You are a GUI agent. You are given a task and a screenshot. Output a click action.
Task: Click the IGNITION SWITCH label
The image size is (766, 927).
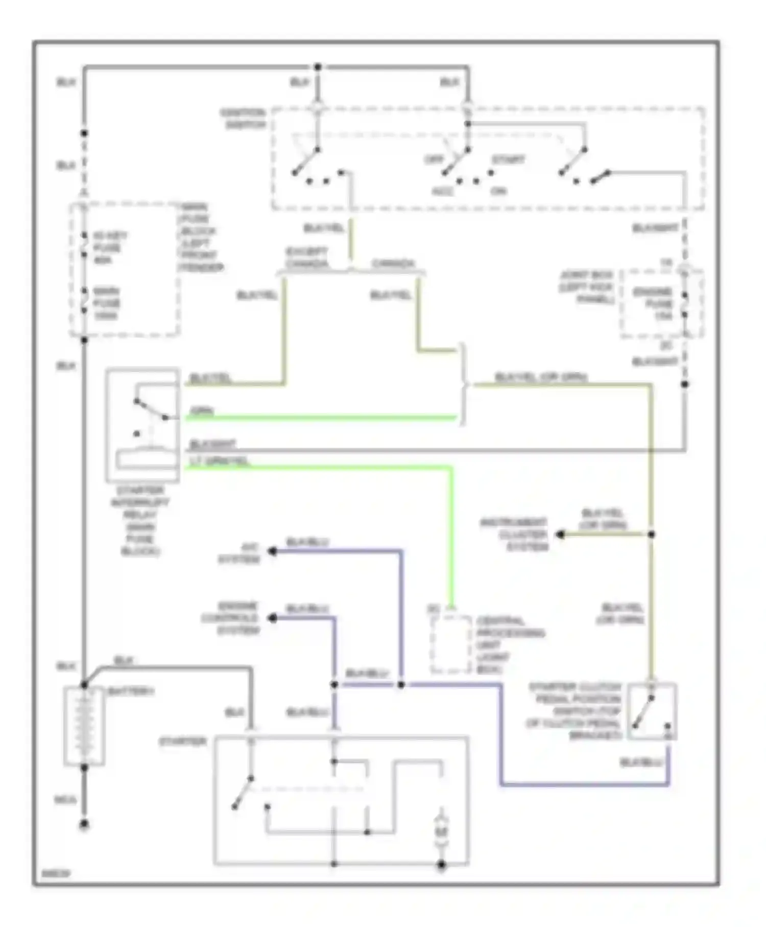point(243,119)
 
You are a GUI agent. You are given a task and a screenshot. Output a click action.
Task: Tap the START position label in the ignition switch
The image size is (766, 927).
point(508,160)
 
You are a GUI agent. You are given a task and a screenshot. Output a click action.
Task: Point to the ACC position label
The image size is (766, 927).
point(442,191)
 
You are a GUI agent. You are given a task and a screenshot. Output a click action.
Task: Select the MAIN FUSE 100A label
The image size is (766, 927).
point(107,303)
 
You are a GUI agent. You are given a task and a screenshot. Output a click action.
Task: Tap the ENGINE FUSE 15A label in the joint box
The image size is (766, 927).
point(654,304)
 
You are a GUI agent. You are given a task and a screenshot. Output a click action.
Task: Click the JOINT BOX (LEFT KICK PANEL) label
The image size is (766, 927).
point(587,287)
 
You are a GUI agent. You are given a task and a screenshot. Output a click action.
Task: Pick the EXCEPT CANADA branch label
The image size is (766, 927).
point(306,258)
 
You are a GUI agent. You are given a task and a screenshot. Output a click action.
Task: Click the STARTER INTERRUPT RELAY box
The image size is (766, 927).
point(142,425)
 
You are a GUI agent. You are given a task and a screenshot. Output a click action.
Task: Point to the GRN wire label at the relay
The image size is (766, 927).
point(202,411)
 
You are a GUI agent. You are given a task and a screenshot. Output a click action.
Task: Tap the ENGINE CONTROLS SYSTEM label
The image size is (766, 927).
point(231,618)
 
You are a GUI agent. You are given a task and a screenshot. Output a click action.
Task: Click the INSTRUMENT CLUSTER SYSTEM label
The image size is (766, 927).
point(514,535)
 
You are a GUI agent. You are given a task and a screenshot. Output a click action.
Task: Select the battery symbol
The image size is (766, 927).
point(84,726)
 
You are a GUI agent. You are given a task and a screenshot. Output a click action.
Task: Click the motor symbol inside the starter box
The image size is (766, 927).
point(441,833)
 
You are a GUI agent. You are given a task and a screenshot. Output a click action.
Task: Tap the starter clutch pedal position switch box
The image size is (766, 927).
point(652,711)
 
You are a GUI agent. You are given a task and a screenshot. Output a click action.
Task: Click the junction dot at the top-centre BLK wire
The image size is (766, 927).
point(318,67)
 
